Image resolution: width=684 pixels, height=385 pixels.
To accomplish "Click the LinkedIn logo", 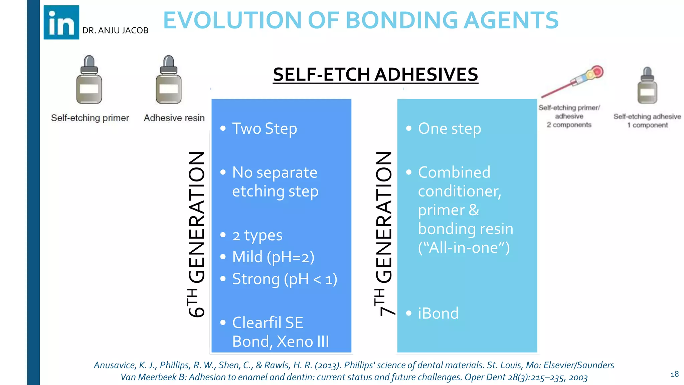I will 61,22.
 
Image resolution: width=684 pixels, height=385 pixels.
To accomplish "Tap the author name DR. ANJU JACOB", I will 115,30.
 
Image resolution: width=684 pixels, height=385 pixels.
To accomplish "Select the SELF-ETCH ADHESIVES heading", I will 375,74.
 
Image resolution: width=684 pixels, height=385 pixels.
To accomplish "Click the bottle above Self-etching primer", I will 89,80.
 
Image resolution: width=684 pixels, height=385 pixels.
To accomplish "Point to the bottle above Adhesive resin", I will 169,80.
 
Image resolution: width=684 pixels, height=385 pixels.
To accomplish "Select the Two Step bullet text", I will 264,129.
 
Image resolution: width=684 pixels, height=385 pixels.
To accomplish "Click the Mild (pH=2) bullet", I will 273,257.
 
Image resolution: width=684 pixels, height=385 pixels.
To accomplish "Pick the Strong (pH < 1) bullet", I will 285,279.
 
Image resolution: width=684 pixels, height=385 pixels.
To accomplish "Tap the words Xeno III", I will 303,342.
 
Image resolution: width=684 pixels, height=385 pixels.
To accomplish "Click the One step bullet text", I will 450,129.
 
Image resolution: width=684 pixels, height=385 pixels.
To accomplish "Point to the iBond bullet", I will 438,313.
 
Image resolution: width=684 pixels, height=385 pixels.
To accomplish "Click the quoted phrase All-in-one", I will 464,248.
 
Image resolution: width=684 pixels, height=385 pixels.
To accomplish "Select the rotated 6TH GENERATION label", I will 196,234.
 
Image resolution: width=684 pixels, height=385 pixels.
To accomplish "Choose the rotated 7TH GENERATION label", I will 384,234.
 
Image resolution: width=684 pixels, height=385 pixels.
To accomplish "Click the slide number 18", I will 674,374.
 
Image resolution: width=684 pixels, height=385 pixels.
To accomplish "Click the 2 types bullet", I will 257,236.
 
